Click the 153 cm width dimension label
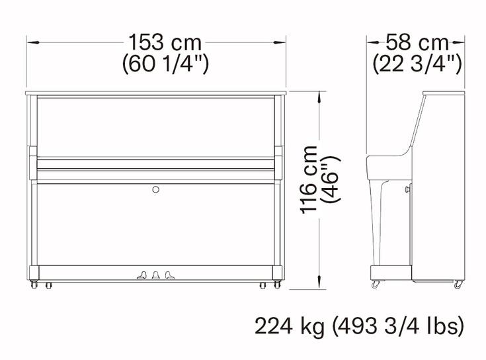[165, 42]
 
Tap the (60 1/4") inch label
[165, 64]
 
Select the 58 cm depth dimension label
[417, 42]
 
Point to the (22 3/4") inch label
[417, 64]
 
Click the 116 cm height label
[309, 179]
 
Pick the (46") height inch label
[331, 179]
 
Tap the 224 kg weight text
[290, 326]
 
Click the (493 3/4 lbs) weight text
[398, 326]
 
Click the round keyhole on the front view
[156, 189]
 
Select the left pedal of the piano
[142, 275]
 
